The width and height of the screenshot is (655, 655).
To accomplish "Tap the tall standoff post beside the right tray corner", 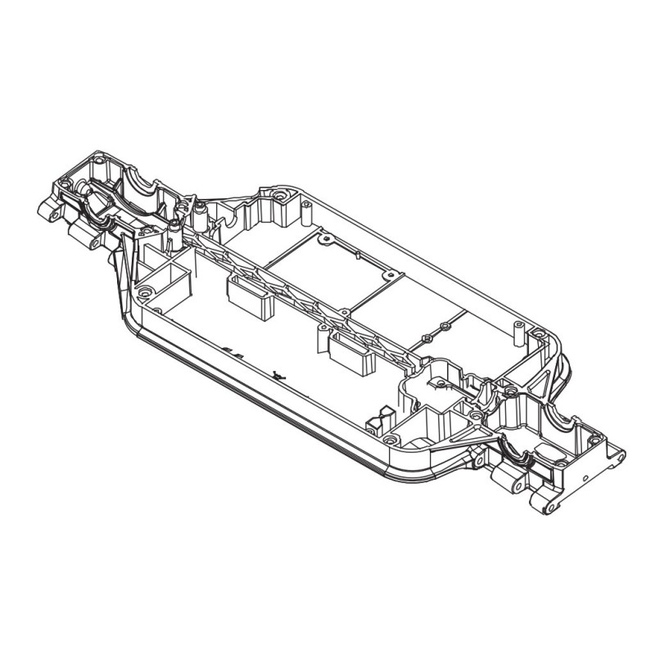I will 517,332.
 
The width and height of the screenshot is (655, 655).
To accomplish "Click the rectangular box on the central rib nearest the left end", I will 251,296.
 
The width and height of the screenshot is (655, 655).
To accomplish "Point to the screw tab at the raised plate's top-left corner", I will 327,239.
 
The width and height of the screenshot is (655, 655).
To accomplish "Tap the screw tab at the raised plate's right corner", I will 445,327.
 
